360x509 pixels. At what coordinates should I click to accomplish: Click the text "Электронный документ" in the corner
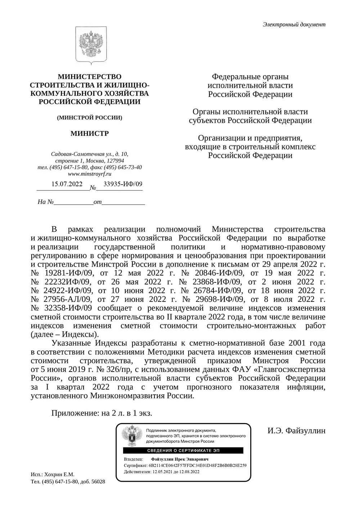pyautogui.click(x=294, y=24)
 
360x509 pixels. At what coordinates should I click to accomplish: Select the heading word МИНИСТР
pyautogui.click(x=89, y=133)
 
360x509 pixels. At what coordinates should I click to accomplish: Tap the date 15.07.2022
pyautogui.click(x=67, y=184)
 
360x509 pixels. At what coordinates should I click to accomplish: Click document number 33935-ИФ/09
pyautogui.click(x=122, y=184)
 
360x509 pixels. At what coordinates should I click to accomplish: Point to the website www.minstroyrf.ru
pyautogui.click(x=89, y=174)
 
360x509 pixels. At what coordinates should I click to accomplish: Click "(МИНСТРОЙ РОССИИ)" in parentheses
pyautogui.click(x=89, y=118)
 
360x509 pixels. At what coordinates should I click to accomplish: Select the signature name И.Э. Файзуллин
pyautogui.click(x=296, y=431)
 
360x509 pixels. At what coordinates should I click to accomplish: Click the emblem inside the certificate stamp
pyautogui.click(x=131, y=435)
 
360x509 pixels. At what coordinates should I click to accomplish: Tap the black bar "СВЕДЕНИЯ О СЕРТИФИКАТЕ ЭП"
pyautogui.click(x=183, y=450)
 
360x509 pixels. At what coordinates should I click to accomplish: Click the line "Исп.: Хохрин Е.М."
pyautogui.click(x=53, y=474)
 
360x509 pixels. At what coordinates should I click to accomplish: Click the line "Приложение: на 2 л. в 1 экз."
pyautogui.click(x=102, y=413)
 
